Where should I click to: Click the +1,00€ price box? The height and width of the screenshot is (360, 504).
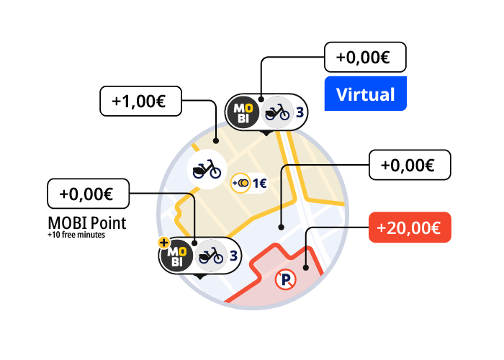141,101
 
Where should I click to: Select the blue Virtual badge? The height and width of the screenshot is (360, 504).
366,94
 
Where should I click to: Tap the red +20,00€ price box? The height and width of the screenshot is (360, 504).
410,228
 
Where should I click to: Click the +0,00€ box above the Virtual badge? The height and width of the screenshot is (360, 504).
365,57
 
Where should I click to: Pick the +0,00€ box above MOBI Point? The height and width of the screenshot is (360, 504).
89,194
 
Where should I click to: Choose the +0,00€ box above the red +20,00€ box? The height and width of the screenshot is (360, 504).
410,165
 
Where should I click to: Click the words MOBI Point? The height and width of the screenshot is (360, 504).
87,223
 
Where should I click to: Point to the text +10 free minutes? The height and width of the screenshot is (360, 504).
76,235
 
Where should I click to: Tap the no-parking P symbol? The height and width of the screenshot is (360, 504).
285,279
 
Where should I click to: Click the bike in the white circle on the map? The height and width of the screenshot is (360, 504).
207,169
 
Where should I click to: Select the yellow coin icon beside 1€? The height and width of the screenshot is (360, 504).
240,183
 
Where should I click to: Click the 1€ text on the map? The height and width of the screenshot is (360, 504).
260,183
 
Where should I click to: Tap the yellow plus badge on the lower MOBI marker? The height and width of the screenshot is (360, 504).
164,243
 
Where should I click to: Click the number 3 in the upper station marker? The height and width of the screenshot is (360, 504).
300,112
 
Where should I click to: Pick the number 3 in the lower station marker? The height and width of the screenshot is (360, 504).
234,256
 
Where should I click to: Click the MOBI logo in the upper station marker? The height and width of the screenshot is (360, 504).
243,112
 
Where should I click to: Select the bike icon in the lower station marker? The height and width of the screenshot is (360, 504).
210,256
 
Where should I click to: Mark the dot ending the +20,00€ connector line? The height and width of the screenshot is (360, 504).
306,267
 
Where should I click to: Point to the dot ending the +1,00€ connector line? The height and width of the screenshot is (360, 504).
216,141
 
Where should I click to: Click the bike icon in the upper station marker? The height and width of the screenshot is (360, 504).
276,112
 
